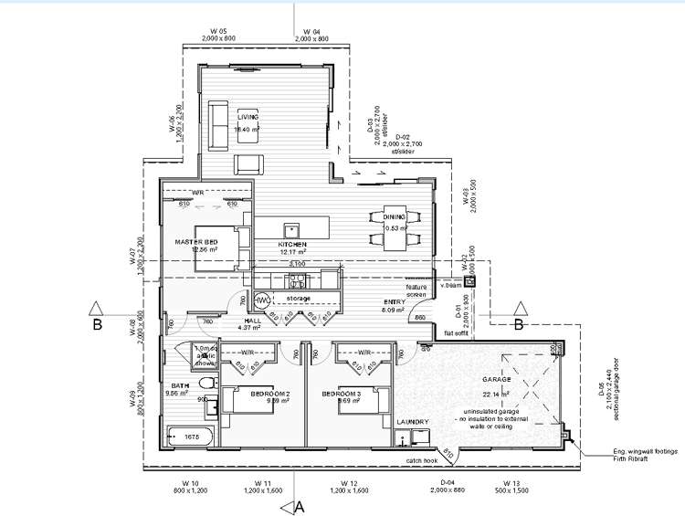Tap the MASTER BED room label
[x=196, y=241]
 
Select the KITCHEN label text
[x=292, y=246]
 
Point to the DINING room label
[x=395, y=216]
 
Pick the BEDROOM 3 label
[x=342, y=394]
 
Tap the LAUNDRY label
[x=413, y=421]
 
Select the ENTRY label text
[x=394, y=303]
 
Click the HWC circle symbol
[x=260, y=300]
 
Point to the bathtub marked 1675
[x=189, y=438]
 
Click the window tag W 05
[x=216, y=31]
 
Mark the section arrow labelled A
[x=291, y=505]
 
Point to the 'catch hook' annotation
[x=423, y=461]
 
